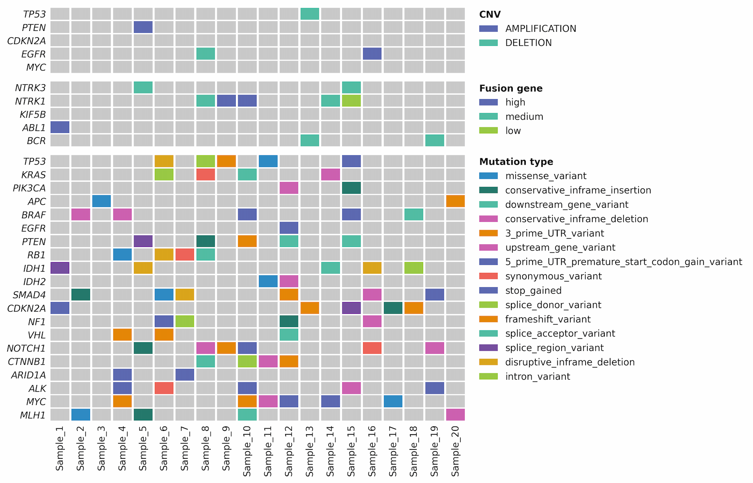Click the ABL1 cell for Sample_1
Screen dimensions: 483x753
(60, 127)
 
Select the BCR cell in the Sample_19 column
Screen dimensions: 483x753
(435, 141)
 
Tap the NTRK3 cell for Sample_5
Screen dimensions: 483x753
(143, 88)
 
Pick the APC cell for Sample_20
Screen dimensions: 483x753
(455, 201)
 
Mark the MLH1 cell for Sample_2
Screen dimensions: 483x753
(81, 415)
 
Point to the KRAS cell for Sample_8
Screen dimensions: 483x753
(206, 175)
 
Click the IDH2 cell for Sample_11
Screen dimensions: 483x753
(268, 281)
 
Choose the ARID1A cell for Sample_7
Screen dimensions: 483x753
(185, 375)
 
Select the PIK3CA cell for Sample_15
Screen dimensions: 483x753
(351, 188)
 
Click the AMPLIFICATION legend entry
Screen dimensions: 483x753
(540, 29)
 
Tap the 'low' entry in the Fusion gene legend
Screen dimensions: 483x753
(513, 131)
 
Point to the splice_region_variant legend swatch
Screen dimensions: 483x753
(489, 348)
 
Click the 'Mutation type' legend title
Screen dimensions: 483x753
(516, 162)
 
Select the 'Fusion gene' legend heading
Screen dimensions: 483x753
(511, 88)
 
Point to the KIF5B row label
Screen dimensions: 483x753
(33, 114)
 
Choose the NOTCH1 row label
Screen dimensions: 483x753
(26, 348)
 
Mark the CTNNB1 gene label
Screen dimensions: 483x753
(27, 362)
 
